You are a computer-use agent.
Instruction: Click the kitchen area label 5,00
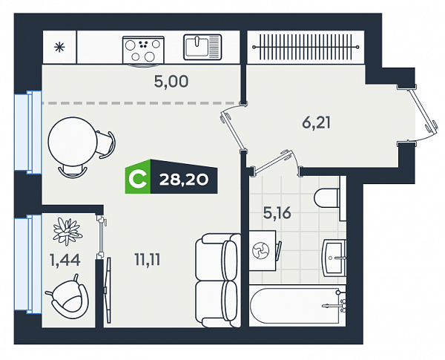point(171,82)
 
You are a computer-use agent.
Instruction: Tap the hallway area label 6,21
point(316,122)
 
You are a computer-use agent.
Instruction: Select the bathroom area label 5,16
point(277,212)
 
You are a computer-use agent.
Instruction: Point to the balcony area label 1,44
point(65,260)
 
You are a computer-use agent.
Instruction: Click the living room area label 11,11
point(148,260)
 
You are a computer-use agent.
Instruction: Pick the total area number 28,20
point(184,180)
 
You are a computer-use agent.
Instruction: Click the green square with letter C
point(138,177)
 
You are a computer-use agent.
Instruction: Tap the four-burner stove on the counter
point(143,50)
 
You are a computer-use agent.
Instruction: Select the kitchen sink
point(202,47)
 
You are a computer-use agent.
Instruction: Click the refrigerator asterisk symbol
point(59,48)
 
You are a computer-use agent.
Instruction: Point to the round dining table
point(73,141)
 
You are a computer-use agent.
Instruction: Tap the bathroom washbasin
point(334,258)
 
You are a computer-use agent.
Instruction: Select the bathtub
point(297,306)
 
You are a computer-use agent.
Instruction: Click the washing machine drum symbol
point(260,250)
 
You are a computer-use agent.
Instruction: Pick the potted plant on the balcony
point(67,231)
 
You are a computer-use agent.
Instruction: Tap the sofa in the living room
point(217,281)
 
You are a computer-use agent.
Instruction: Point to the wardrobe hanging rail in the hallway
point(306,47)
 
